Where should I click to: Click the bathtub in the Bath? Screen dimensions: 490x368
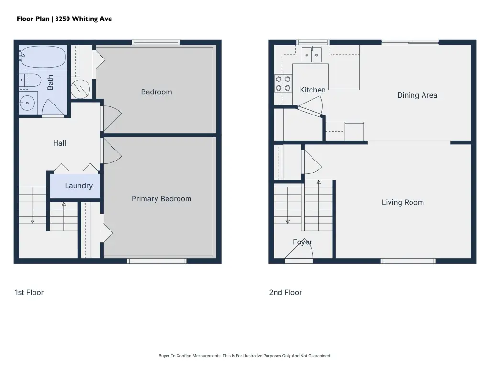(x=43, y=57)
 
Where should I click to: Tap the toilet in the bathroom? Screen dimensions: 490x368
(x=30, y=80)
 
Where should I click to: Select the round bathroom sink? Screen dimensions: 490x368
(x=27, y=103)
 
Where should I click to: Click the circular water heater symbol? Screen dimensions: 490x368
(x=80, y=89)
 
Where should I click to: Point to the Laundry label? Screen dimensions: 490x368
(x=79, y=186)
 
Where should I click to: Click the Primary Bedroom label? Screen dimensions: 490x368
(x=161, y=199)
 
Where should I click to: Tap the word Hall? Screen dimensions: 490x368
(x=59, y=143)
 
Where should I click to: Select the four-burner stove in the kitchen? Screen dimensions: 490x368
(x=283, y=83)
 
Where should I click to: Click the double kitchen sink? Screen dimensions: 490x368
(x=312, y=55)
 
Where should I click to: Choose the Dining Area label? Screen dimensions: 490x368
(x=417, y=95)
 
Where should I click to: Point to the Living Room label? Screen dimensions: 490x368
(x=403, y=203)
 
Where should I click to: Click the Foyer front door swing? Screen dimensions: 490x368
(x=299, y=250)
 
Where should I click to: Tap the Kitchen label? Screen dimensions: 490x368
(x=313, y=90)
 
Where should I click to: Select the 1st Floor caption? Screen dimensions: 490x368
(x=29, y=293)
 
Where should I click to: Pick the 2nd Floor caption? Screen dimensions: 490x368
(x=285, y=293)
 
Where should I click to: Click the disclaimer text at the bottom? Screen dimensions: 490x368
(x=245, y=356)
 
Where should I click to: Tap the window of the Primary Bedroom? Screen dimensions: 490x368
(x=157, y=261)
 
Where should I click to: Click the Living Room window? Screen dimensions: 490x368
(x=408, y=261)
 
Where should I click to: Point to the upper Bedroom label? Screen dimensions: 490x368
(x=156, y=92)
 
